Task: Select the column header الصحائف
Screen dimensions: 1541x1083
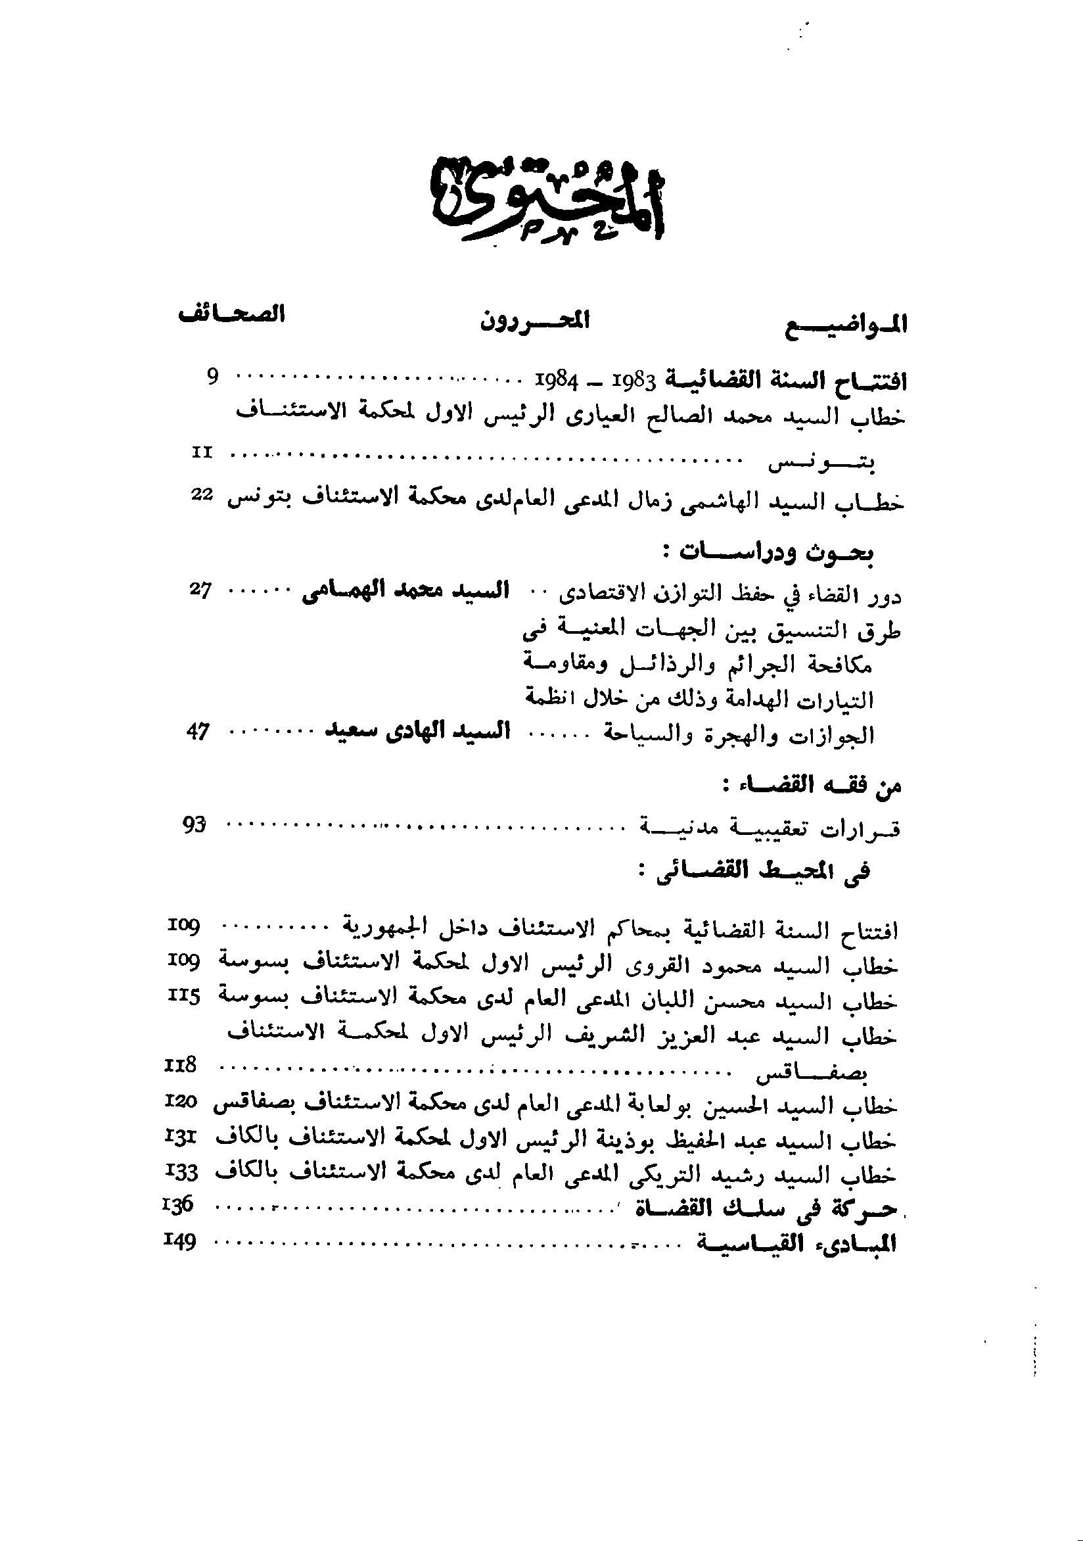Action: [x=232, y=315]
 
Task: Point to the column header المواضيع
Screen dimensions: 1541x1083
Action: [x=847, y=325]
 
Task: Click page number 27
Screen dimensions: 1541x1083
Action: [x=200, y=591]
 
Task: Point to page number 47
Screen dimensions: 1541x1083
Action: [x=198, y=732]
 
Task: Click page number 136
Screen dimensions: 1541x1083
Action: [x=178, y=1205]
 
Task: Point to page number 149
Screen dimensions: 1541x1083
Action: [x=179, y=1242]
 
